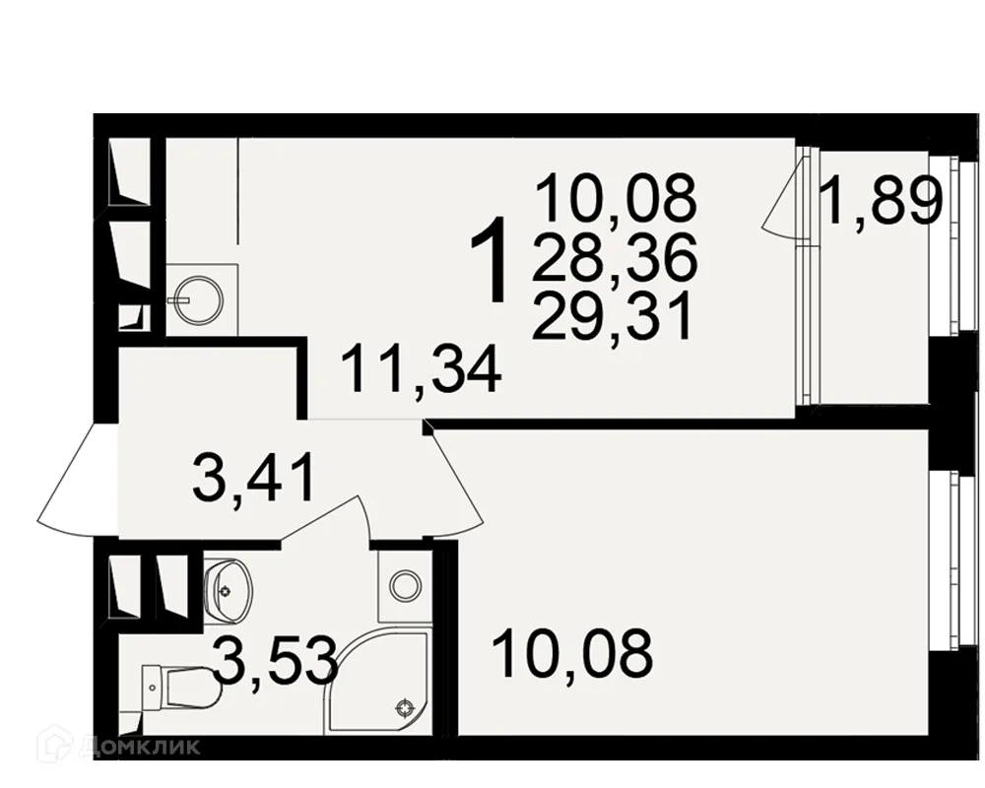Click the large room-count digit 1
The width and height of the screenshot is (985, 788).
tap(490, 259)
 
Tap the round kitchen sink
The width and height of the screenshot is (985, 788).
tap(198, 300)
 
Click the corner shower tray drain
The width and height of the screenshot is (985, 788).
tap(403, 709)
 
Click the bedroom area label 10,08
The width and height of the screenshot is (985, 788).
tap(573, 654)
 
